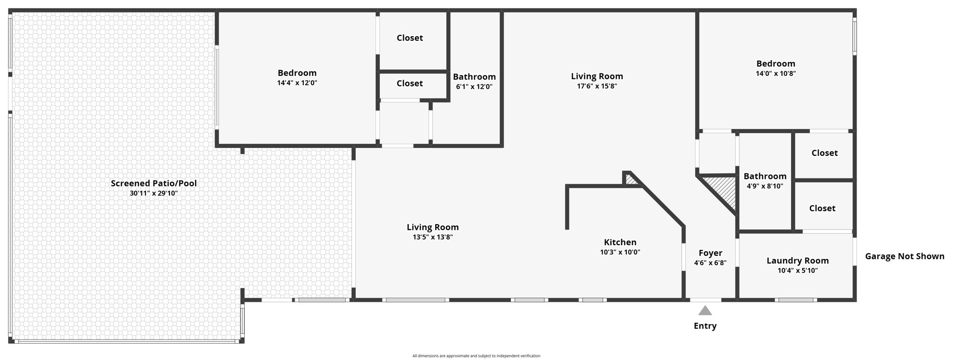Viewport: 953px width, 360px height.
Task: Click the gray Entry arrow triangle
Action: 705,311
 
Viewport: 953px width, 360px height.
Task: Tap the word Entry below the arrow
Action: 705,326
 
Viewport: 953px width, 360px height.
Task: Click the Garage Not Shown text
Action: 904,256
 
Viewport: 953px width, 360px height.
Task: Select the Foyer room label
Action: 710,253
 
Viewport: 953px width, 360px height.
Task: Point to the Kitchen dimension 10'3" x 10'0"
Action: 620,253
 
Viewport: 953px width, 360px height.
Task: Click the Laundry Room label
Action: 797,261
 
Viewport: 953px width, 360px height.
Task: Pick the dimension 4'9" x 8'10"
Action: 765,186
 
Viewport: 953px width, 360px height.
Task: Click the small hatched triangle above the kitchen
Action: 631,180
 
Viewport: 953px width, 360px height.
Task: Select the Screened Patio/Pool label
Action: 154,183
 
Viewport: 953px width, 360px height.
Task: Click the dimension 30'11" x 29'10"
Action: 154,193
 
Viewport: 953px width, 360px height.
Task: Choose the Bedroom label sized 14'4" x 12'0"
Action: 297,73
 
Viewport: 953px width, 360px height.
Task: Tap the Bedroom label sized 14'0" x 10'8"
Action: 775,64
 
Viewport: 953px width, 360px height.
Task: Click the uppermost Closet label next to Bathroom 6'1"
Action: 409,38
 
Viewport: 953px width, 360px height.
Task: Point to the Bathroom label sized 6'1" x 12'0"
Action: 474,77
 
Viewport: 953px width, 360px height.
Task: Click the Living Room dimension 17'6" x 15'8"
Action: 597,86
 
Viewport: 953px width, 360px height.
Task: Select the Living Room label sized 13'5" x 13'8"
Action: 432,227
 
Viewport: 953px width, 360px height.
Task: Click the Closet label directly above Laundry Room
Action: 822,208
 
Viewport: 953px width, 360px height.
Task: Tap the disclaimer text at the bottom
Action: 476,356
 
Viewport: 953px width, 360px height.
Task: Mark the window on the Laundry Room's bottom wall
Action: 796,300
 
